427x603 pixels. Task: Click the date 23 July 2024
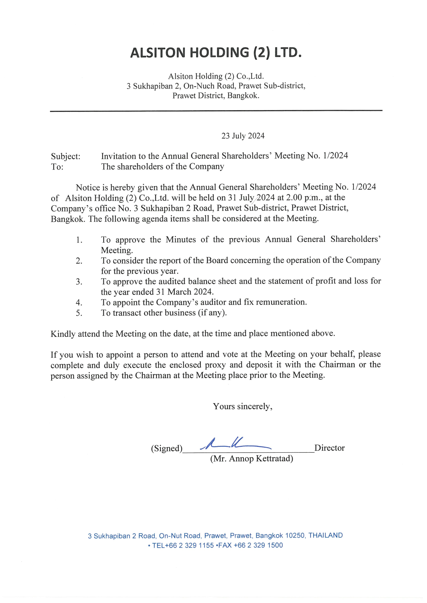(x=243, y=136)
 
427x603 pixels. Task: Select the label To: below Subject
(x=57, y=167)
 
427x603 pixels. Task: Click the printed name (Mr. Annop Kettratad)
(x=251, y=459)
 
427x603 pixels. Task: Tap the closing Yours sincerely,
(x=242, y=406)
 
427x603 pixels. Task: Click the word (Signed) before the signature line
(x=166, y=448)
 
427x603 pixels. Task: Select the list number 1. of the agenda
(x=79, y=240)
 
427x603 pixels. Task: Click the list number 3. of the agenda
(x=79, y=282)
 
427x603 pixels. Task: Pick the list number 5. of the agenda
(x=79, y=313)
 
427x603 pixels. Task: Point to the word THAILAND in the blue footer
(x=326, y=535)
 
